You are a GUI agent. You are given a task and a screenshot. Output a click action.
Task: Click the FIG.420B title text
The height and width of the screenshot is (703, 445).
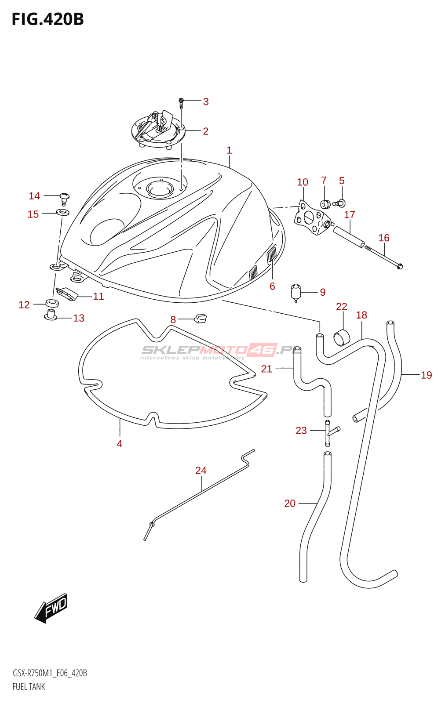tap(47, 19)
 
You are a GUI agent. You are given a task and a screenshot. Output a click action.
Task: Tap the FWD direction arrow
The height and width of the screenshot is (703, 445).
tap(51, 608)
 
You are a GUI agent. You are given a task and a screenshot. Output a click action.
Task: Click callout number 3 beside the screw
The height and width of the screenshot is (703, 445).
tap(206, 102)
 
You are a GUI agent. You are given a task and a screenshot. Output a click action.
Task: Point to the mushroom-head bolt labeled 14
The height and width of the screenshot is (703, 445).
tap(64, 197)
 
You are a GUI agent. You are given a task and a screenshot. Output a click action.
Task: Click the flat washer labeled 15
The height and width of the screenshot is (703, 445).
tap(63, 213)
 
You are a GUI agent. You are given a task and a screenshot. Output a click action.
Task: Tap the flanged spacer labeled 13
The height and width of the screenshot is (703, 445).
tap(51, 315)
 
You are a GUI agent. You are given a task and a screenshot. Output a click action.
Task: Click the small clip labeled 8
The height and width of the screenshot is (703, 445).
tap(201, 318)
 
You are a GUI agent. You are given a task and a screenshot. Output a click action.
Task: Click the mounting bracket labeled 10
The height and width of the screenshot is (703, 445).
tap(311, 218)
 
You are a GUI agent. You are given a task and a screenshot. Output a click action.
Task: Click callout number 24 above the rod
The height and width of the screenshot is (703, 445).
tap(201, 471)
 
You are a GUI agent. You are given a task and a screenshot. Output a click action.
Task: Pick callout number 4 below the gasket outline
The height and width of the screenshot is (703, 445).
tap(120, 444)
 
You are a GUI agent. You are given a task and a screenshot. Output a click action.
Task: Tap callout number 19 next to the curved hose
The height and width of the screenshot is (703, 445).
tap(427, 375)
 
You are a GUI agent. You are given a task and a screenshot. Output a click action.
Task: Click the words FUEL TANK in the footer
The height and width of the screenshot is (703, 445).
tap(29, 687)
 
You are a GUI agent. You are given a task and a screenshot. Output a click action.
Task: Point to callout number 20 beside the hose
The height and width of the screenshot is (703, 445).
tap(290, 504)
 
